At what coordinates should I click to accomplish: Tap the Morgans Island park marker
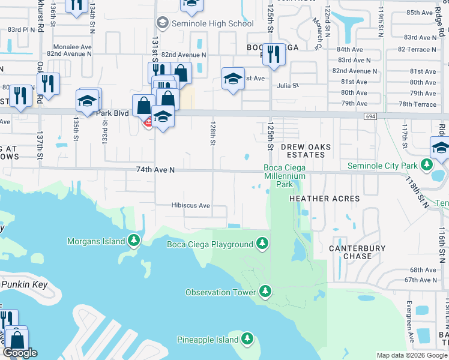(134, 241)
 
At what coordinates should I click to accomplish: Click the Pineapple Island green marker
(247, 340)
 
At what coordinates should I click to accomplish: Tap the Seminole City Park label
(383, 166)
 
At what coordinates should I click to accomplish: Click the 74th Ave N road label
(155, 170)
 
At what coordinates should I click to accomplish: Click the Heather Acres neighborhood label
(325, 199)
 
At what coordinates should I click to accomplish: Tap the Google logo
(19, 353)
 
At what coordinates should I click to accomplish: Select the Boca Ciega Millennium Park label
(285, 176)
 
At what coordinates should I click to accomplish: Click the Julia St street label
(288, 86)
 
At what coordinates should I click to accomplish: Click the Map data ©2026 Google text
(412, 355)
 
